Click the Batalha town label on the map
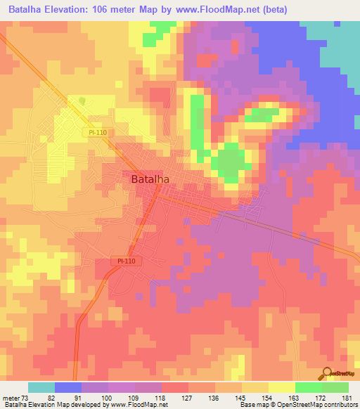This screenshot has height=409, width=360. (150, 179)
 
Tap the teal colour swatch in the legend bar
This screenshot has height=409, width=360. (41, 387)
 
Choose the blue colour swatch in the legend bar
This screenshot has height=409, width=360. (68, 387)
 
